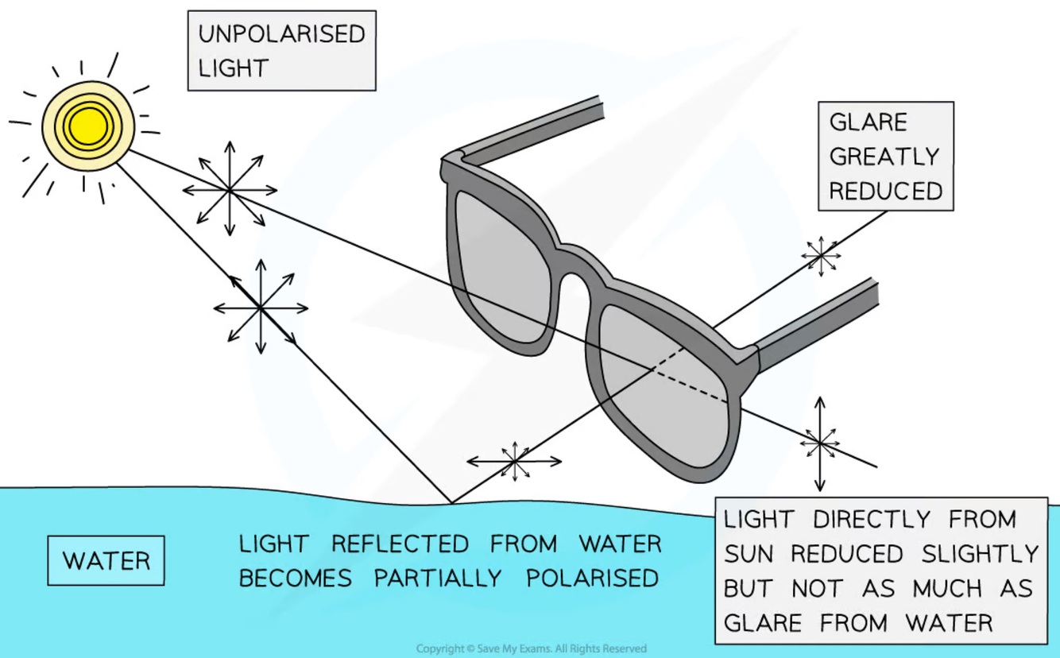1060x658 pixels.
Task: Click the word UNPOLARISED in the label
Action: (x=281, y=34)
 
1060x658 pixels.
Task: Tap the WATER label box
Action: (x=106, y=561)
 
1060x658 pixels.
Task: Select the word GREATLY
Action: (x=884, y=157)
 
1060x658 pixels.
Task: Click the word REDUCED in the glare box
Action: (x=885, y=191)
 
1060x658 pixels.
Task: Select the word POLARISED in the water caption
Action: (x=592, y=578)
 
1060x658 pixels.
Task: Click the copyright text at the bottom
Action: (x=531, y=648)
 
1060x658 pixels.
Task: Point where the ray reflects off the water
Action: (x=451, y=502)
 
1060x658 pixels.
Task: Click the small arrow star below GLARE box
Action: (x=820, y=255)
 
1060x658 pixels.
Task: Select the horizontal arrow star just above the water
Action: (x=514, y=461)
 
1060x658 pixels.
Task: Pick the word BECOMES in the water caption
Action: (x=296, y=578)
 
